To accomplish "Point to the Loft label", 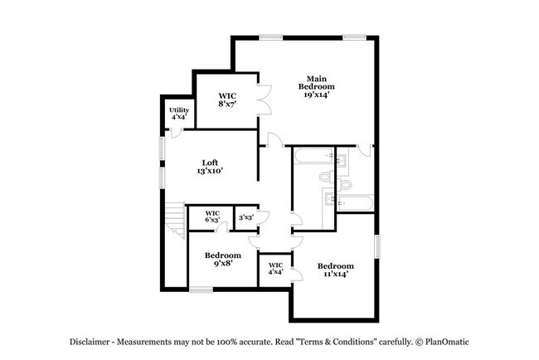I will pyautogui.click(x=210, y=162).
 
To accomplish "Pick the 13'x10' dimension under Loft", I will pyautogui.click(x=210, y=171).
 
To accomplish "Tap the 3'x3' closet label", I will pyautogui.click(x=245, y=218).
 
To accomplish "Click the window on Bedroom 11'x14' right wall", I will pyautogui.click(x=376, y=246).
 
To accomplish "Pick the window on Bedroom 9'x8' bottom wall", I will pyautogui.click(x=200, y=289).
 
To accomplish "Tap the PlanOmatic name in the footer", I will pyautogui.click(x=448, y=341).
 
